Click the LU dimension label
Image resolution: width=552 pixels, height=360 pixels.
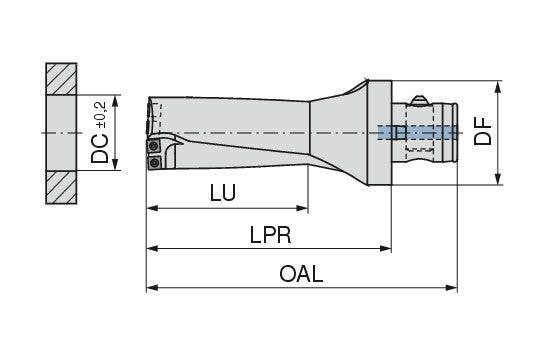click(223, 193)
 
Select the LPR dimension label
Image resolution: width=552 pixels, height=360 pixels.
click(270, 235)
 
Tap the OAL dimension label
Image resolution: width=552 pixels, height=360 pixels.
click(301, 274)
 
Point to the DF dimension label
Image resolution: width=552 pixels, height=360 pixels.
click(482, 131)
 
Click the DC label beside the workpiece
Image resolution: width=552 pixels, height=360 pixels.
click(100, 148)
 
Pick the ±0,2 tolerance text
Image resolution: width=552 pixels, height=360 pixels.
click(100, 115)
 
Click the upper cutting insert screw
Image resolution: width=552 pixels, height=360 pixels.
click(153, 145)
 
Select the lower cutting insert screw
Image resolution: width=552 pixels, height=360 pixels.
click(153, 163)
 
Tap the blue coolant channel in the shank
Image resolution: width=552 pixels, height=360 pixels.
click(418, 133)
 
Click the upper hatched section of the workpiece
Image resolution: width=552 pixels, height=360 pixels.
click(61, 79)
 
